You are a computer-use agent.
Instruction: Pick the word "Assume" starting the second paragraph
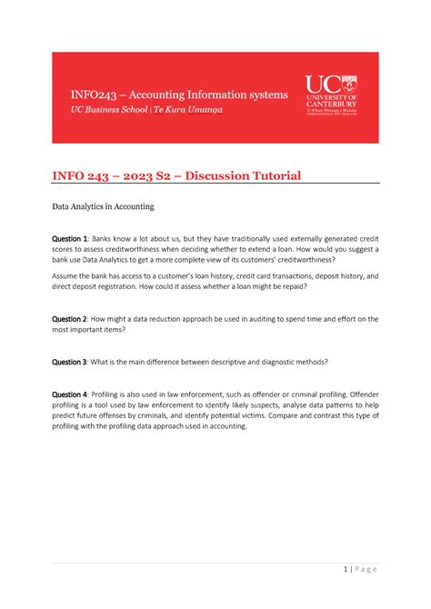(x=68, y=275)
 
